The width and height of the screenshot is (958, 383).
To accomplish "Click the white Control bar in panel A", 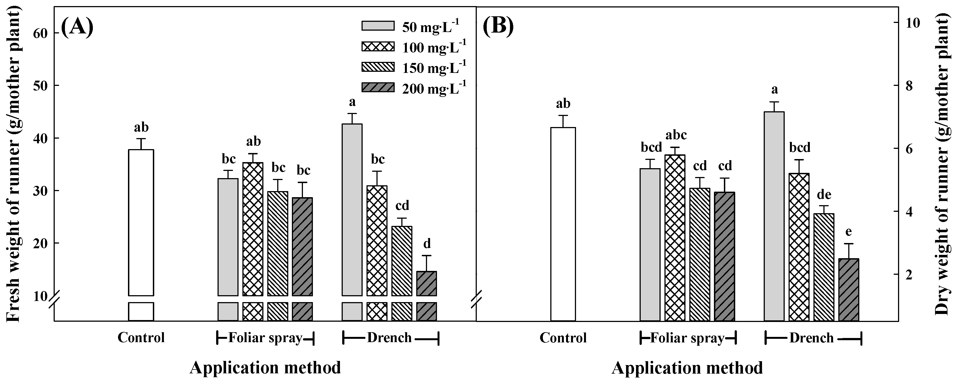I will (141, 223).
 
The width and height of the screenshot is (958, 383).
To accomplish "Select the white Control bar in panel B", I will (563, 223).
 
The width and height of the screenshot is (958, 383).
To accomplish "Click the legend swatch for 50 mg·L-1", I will (378, 26).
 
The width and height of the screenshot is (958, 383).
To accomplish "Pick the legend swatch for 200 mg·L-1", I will (378, 87).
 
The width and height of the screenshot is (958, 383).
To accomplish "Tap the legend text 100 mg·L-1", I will (434, 47).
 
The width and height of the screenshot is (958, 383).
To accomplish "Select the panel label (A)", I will (77, 27).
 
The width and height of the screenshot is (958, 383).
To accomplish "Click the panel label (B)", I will (498, 27).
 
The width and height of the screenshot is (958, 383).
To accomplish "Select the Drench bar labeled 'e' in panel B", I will (849, 290).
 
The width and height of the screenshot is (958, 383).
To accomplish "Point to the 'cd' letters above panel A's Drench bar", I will (402, 205).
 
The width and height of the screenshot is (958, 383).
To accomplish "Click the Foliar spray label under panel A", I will (265, 338).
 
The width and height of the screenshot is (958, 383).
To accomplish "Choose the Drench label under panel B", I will (812, 338).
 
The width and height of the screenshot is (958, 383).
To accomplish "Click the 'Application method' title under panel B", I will (687, 368).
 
